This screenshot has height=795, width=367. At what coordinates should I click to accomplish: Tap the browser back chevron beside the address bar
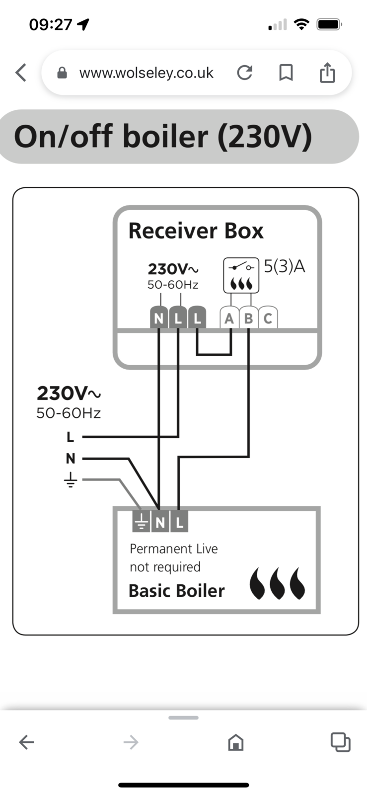21,73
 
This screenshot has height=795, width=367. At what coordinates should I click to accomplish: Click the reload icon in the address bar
244,73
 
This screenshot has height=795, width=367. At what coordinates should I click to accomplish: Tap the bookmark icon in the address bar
286,73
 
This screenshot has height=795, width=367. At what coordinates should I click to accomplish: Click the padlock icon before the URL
62,73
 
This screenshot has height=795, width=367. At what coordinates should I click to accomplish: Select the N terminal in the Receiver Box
158,318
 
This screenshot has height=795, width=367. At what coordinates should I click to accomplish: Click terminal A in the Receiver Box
229,318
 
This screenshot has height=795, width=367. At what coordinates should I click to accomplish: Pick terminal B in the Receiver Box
248,318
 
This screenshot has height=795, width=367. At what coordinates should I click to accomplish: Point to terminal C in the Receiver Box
268,318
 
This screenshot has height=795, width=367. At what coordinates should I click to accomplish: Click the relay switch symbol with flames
241,275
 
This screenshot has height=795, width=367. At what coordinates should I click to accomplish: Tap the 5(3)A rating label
284,267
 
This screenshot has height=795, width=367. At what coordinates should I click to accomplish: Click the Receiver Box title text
196,231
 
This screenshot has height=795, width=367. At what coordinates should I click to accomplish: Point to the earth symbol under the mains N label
71,480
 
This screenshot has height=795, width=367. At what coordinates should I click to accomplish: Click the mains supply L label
71,437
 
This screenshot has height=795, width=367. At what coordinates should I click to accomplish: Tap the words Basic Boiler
176,591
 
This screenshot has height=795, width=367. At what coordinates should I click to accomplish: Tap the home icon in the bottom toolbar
235,742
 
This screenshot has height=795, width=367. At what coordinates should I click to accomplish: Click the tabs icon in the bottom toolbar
340,742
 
